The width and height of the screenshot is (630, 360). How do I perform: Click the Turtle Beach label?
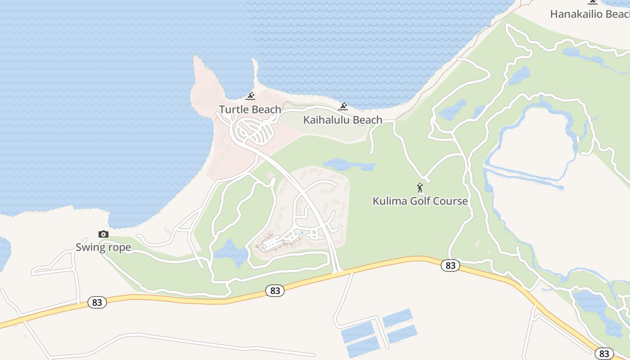click(x=250, y=109)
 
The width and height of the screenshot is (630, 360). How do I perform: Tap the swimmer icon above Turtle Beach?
click(x=250, y=96)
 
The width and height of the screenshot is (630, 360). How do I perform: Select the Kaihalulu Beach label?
click(x=342, y=120)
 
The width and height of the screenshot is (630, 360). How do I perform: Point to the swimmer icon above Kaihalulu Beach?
click(x=343, y=107)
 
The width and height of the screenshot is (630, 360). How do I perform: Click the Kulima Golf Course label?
click(x=420, y=201)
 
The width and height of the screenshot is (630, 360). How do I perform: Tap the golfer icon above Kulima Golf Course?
click(x=420, y=188)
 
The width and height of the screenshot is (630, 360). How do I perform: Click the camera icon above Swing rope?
click(x=103, y=234)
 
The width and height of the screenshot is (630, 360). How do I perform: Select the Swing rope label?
click(x=103, y=247)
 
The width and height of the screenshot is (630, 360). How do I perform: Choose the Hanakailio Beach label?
click(x=589, y=14)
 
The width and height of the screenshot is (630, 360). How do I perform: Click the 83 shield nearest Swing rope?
click(x=97, y=302)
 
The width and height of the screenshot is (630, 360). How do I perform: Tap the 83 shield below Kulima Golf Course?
click(x=450, y=265)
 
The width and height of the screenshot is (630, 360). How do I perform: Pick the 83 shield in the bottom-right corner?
click(x=604, y=354)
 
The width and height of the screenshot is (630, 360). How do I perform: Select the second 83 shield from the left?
click(x=275, y=291)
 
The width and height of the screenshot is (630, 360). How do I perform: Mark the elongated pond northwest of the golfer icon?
click(x=349, y=164)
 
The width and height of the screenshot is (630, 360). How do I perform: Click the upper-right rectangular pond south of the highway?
click(x=397, y=318)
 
